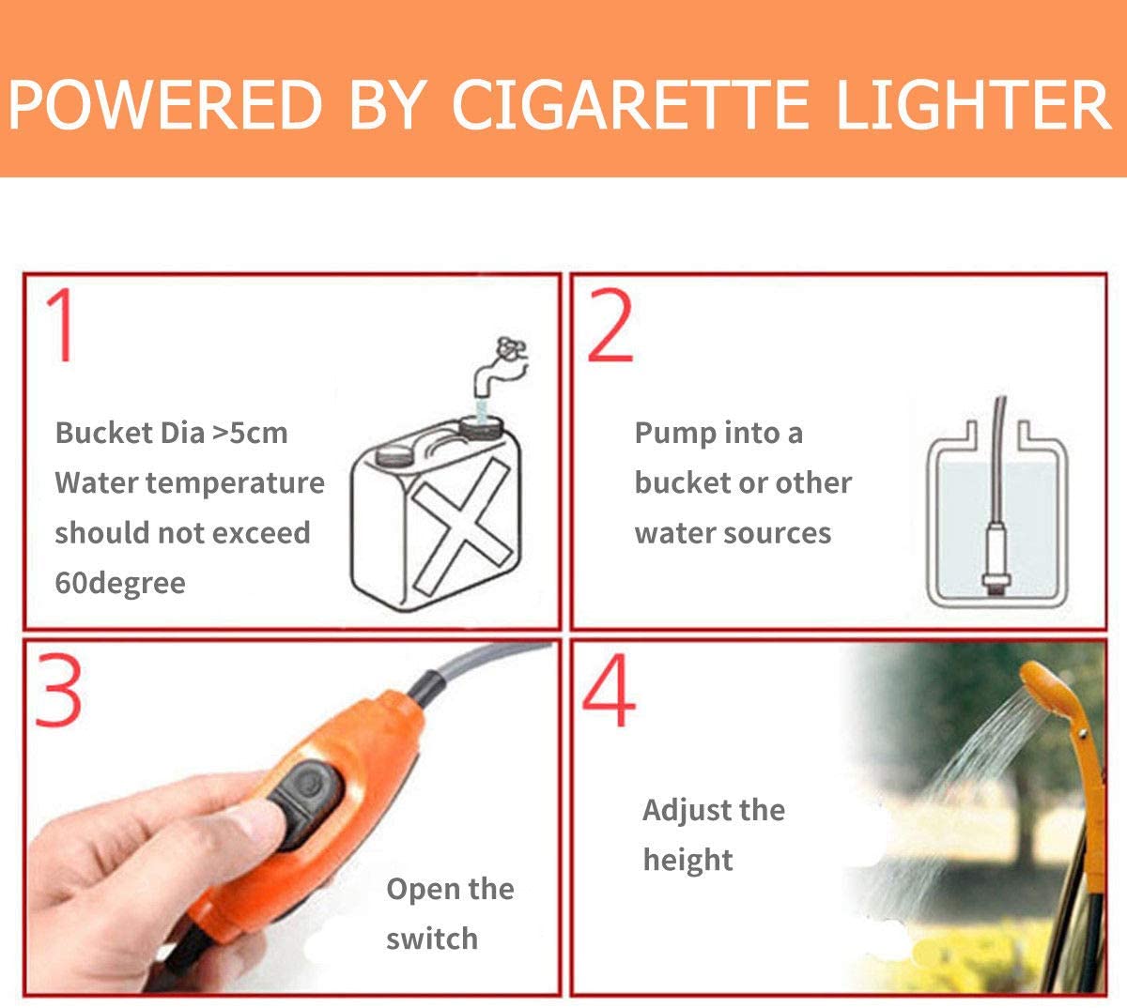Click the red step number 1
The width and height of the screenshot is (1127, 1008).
62,326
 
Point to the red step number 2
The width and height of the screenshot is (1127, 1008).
611,326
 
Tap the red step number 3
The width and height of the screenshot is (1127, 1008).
58,691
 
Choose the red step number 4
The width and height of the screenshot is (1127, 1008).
610,693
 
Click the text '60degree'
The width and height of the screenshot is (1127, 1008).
120,583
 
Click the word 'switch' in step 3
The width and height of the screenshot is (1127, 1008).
432,939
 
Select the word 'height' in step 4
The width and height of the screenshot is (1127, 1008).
687,860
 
